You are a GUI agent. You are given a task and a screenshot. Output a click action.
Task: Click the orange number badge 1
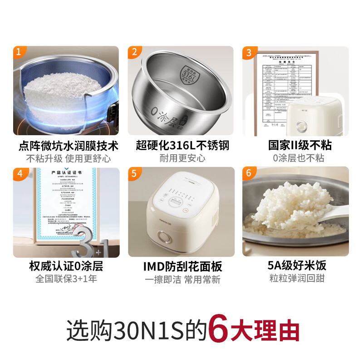tap(19, 52)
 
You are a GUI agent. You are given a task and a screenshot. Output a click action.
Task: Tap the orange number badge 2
tap(134, 52)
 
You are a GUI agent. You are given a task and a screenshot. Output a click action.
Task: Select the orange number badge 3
tap(248, 52)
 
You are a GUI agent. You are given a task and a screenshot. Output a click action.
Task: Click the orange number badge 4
tap(19, 173)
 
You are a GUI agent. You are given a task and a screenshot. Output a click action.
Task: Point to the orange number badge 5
tap(134, 173)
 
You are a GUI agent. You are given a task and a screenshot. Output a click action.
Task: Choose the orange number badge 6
tap(248, 173)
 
